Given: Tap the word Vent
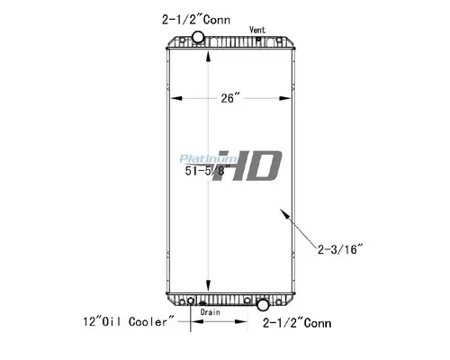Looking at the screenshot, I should click(x=258, y=31).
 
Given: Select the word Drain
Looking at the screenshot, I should click(x=210, y=311).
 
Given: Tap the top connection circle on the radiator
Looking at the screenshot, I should click(x=199, y=39).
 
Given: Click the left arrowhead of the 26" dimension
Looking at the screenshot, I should click(x=174, y=98).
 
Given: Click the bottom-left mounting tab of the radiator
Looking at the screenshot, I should click(x=170, y=301).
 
